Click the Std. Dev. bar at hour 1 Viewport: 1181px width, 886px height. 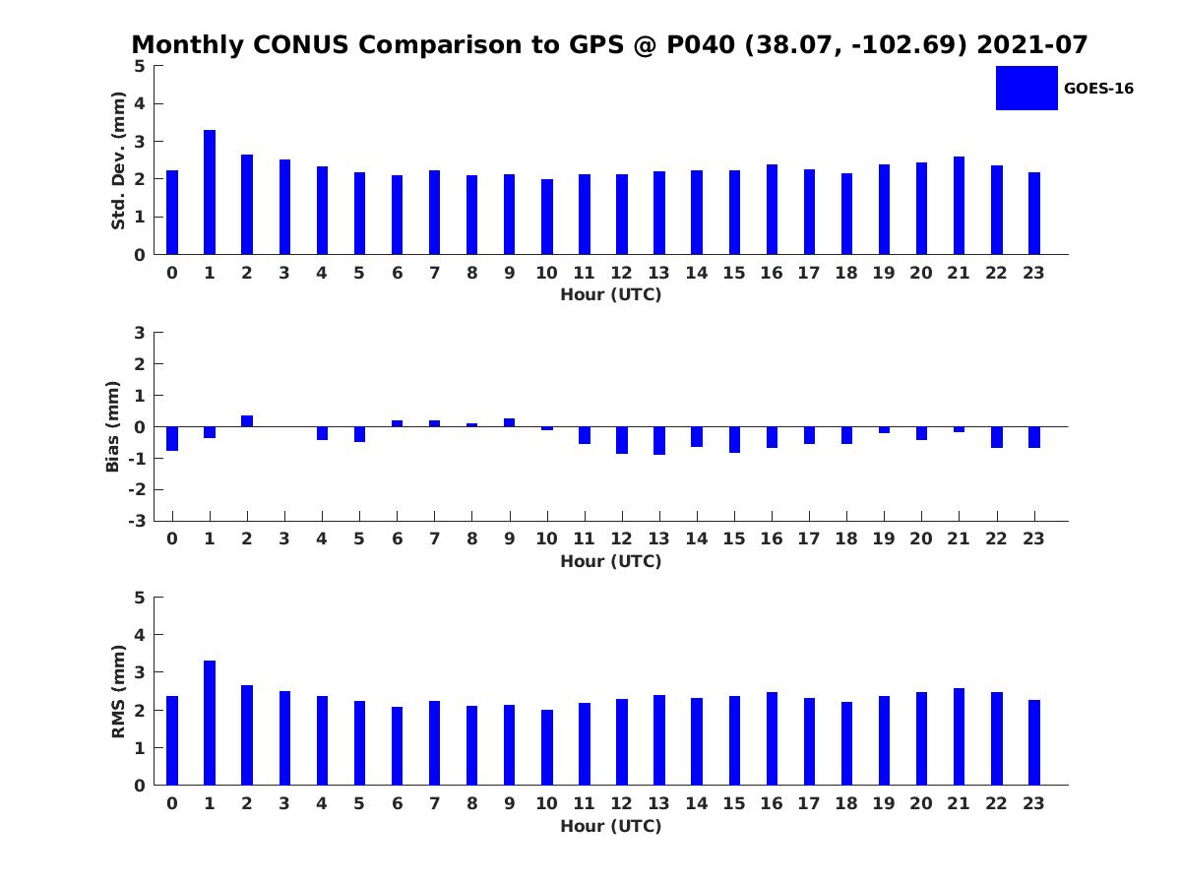point(210,193)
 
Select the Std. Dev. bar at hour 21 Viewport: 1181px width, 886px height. point(959,206)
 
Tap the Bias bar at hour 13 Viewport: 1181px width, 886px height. point(659,440)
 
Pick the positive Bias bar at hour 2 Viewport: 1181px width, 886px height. point(247,421)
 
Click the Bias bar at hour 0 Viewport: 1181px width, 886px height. point(172,438)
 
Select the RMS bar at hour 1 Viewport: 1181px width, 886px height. point(210,724)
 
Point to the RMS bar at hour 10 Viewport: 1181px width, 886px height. point(547,747)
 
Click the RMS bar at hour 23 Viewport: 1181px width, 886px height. point(1034,742)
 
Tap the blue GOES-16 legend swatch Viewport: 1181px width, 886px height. point(1026,88)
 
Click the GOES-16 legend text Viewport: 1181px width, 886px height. point(1098,89)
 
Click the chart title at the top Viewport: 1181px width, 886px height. point(609,45)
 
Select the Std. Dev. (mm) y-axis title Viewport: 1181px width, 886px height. point(119,160)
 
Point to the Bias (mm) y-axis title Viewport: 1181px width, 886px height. point(113,426)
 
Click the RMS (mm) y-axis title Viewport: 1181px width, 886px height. point(119,691)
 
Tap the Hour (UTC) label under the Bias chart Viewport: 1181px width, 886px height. point(610,561)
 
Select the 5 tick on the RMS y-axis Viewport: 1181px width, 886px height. point(140,598)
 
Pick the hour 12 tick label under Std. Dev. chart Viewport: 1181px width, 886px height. point(621,273)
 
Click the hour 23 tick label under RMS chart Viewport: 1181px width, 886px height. point(1033,803)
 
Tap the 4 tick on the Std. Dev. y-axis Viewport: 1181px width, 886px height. point(140,103)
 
